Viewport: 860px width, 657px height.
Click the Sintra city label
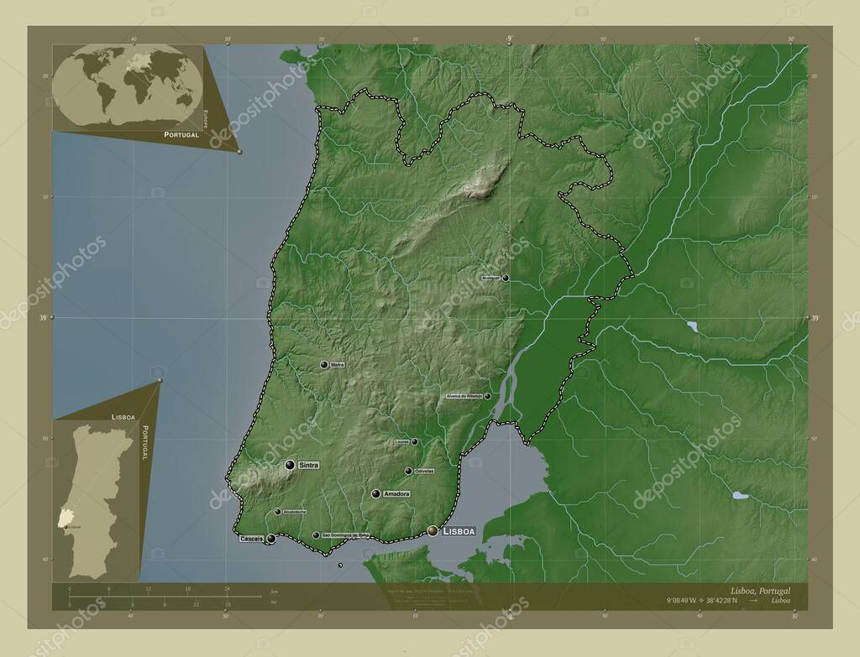tap(308, 464)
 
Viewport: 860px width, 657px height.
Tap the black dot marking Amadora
tap(375, 494)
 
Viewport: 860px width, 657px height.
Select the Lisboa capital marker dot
tap(433, 530)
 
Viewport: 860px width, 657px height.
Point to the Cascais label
tap(251, 538)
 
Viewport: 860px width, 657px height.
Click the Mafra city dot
tap(324, 365)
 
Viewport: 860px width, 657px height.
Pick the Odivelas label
tap(423, 471)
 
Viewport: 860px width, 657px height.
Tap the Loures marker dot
tap(414, 441)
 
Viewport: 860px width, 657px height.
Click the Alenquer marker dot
tap(505, 278)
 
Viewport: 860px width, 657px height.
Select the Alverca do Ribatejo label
tap(464, 396)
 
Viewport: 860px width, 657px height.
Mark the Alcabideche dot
tap(278, 511)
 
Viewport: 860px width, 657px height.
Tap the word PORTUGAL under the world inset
tap(181, 134)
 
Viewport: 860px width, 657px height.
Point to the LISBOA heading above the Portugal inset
tap(123, 416)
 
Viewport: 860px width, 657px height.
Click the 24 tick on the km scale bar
tap(227, 589)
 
